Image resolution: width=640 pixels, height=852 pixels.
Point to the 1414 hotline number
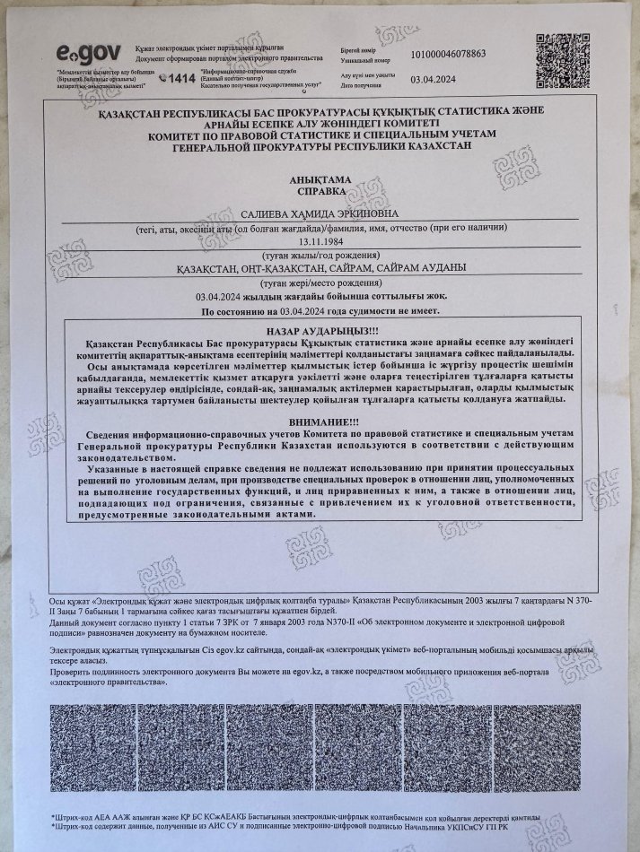pos(181,78)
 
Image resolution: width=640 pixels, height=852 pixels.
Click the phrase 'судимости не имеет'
pos(390,310)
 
